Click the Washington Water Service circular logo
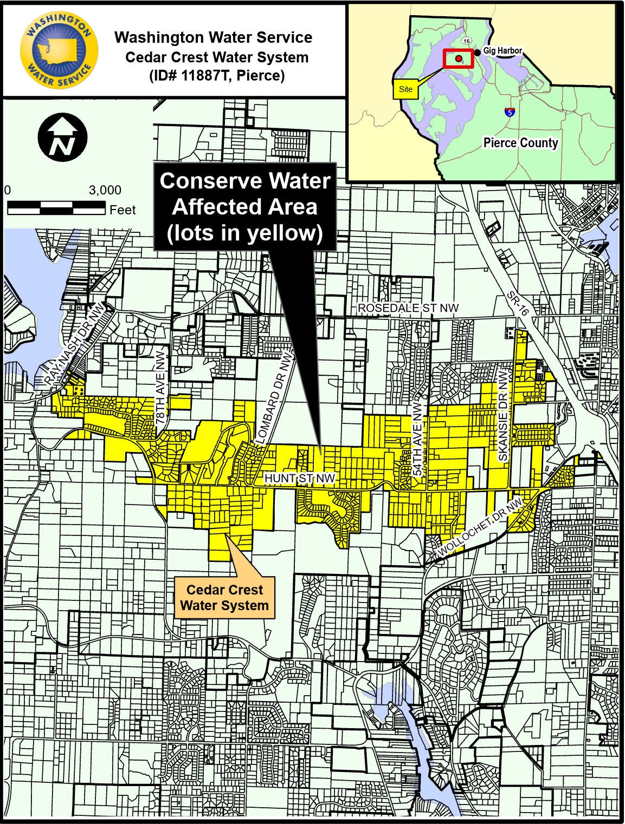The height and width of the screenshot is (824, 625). tap(58, 50)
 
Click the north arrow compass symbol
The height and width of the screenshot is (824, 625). tap(63, 138)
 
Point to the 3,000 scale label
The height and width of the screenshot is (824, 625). tap(105, 191)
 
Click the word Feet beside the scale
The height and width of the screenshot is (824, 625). tap(123, 210)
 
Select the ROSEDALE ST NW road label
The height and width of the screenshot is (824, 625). tap(408, 308)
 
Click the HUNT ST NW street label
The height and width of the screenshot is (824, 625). tap(299, 479)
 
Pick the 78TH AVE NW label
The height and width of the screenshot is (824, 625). tap(160, 382)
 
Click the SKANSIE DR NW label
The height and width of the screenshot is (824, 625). tap(503, 416)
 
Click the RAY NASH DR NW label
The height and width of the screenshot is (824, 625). tap(75, 344)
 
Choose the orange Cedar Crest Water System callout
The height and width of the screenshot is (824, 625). tap(224, 598)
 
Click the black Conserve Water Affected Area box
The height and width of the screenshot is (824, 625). tap(245, 207)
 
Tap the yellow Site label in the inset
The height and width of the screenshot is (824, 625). tap(405, 89)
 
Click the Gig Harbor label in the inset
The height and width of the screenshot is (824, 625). tap(502, 51)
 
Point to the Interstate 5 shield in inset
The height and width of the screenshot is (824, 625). tap(509, 112)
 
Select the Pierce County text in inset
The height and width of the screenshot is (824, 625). tap(520, 143)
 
